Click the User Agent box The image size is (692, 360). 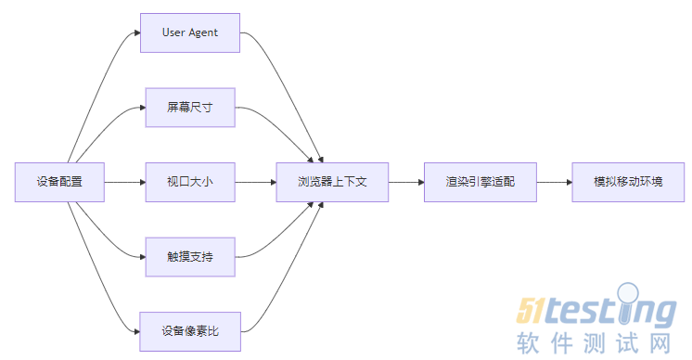click(190, 32)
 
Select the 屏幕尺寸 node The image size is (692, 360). click(190, 108)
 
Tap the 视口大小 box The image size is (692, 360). click(190, 182)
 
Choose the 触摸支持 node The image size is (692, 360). click(190, 256)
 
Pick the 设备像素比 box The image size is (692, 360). click(190, 331)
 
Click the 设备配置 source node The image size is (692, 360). click(59, 182)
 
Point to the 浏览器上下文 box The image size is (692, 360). click(332, 182)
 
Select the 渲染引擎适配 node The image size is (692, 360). click(481, 182)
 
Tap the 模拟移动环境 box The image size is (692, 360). click(628, 182)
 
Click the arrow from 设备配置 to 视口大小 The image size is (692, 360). click(123, 182)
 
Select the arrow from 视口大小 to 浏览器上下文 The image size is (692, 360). click(255, 182)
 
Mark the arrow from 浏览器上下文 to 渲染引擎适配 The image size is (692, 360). click(405, 182)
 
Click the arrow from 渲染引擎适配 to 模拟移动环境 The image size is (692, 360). click(555, 182)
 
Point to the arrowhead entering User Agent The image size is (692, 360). click(135, 33)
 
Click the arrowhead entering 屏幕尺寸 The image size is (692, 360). click(140, 108)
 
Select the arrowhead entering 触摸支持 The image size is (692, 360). click(140, 256)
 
